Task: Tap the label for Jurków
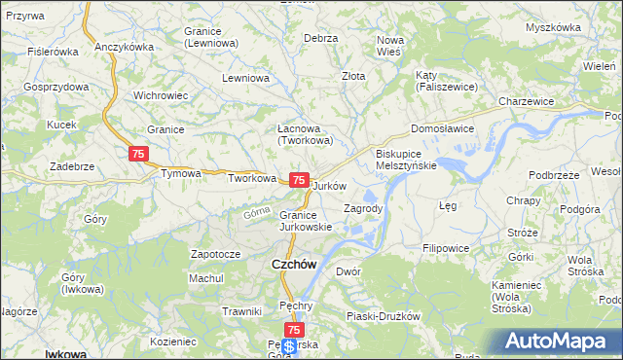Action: (x=331, y=185)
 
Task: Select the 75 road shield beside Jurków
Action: (x=300, y=181)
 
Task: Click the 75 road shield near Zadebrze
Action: (x=138, y=154)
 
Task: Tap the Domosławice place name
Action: (x=441, y=127)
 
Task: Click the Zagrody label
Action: (x=364, y=208)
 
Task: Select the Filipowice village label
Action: (x=446, y=248)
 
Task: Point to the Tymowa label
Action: (x=181, y=174)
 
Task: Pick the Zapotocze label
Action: (x=215, y=254)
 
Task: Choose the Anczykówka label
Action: (x=126, y=47)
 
